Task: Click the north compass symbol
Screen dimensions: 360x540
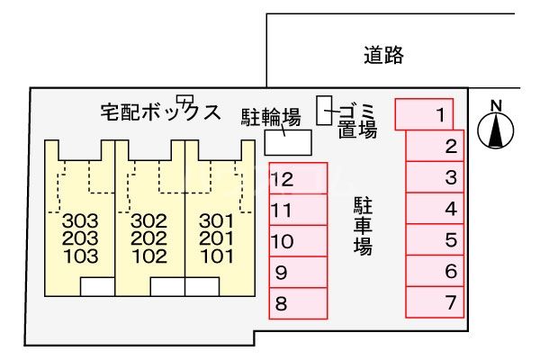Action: [x=495, y=129]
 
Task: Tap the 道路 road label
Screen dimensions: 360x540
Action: [x=384, y=56]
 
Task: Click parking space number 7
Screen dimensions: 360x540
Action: [x=435, y=302]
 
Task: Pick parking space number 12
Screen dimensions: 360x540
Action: [x=298, y=179]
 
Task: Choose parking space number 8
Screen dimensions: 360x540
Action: [x=298, y=302]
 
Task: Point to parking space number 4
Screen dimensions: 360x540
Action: [x=435, y=209]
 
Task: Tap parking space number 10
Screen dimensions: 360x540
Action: [x=298, y=241]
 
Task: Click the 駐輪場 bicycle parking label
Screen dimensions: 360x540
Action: [x=269, y=116]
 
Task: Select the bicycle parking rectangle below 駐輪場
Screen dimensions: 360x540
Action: [x=287, y=142]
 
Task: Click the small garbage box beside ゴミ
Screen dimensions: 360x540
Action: [x=324, y=110]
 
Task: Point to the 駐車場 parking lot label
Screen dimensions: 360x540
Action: [x=363, y=225]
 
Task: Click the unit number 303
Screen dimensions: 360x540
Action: [x=80, y=220]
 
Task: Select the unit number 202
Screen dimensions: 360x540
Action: [x=148, y=238]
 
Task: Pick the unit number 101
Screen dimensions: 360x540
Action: [x=216, y=256]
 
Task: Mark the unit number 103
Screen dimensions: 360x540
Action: [x=80, y=256]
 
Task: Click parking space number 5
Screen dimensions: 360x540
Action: [x=435, y=240]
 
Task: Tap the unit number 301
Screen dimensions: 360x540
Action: [x=216, y=220]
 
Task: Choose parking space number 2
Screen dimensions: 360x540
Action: [x=435, y=146]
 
